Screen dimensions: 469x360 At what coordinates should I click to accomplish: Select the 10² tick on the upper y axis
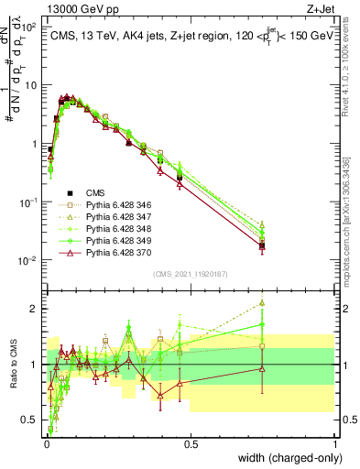[x=31, y=27]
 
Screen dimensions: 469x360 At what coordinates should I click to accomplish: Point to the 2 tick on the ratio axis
[x=38, y=309]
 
